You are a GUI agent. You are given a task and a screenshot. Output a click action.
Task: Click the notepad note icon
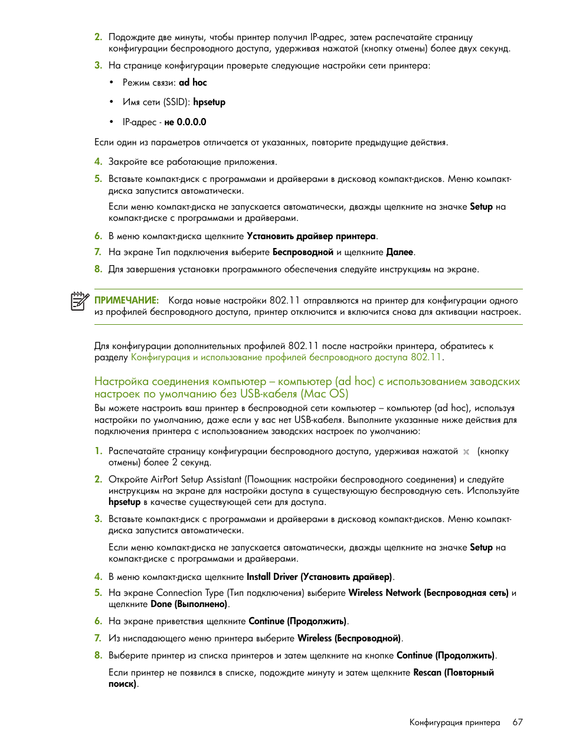79,301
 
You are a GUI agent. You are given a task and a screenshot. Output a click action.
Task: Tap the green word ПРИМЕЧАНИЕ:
126,301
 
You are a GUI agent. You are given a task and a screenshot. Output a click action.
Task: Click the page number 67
518,722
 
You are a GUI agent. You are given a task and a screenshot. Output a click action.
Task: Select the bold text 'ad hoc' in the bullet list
193,83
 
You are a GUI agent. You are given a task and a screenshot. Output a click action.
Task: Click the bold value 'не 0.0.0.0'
185,122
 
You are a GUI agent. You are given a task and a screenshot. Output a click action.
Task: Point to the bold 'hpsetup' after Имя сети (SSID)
210,102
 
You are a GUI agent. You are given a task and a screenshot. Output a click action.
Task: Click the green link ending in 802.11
286,357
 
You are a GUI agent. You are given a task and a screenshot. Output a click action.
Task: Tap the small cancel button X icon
466,452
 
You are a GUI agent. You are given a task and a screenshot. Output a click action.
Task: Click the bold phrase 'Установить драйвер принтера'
311,236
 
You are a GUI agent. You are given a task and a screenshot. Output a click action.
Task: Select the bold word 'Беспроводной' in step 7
303,252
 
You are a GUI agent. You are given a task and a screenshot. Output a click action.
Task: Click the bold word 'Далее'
400,252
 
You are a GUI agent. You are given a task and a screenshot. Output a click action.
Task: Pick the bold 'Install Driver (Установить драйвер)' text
319,577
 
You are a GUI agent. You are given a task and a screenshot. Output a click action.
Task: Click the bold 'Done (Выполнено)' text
189,604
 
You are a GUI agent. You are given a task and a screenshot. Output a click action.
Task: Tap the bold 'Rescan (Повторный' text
453,673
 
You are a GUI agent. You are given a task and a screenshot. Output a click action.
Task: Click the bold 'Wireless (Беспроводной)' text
349,638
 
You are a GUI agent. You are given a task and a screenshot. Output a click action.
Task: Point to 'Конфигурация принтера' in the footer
454,722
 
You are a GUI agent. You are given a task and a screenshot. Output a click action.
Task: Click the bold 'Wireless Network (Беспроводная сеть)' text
428,593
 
